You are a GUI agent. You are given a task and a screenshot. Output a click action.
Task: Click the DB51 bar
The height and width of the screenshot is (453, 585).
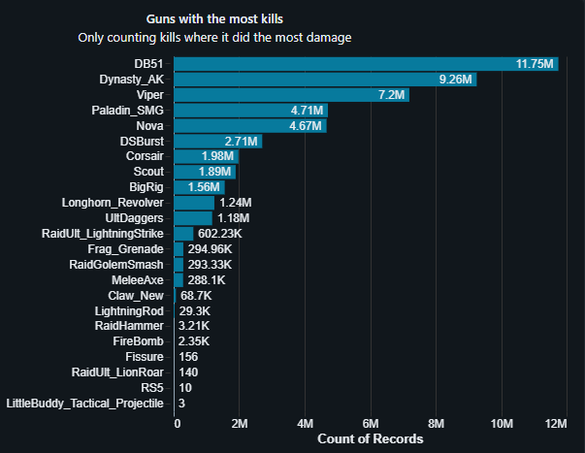(367, 64)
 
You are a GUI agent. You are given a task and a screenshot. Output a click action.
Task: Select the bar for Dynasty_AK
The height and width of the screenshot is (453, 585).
(326, 80)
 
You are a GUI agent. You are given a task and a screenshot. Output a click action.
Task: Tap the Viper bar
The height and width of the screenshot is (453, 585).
(292, 95)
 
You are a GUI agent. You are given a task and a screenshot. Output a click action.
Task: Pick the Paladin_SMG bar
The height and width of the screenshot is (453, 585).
(251, 111)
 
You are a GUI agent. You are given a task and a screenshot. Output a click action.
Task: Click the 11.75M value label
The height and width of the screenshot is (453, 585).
(535, 64)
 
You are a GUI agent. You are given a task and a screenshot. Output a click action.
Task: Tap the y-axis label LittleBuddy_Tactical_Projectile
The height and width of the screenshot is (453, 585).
(85, 403)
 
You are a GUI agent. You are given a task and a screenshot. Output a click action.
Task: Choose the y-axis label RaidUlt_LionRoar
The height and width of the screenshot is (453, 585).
(117, 372)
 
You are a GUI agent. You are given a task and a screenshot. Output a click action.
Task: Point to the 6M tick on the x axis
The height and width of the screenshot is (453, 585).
(370, 424)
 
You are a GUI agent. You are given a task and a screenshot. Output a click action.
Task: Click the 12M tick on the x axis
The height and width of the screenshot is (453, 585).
(556, 424)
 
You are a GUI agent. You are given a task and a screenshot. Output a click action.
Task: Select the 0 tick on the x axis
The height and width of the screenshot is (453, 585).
(178, 424)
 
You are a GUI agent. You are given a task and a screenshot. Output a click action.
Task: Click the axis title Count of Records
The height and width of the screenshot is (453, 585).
(371, 439)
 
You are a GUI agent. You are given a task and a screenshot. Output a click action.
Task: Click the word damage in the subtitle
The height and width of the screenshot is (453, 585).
(326, 38)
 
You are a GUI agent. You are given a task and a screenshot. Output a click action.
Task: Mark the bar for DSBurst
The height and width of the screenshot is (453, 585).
(218, 142)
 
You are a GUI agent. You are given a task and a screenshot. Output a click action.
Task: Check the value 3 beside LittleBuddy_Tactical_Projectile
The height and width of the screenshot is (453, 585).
(183, 403)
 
